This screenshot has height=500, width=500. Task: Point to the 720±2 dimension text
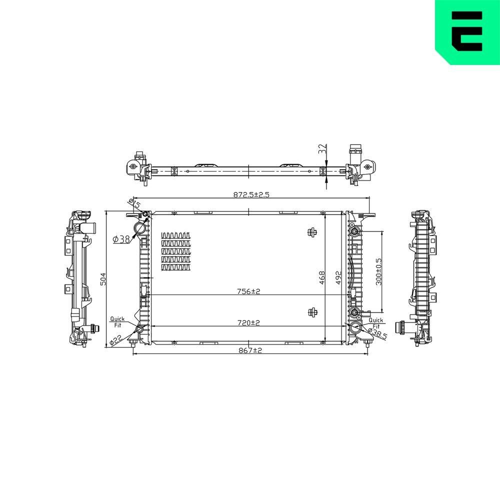pos(248,323)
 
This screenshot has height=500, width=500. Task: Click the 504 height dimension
pos(103,278)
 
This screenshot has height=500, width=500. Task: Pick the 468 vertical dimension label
pos(322,278)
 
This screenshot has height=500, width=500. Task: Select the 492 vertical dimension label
pos(338,278)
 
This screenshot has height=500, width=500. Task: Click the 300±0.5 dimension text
pos(378,271)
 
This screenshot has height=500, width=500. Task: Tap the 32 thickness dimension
pos(322,148)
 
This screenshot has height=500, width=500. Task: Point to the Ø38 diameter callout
pos(121,239)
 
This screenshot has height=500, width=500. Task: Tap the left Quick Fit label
pos(117,321)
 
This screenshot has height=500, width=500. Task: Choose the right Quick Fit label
pos(375,322)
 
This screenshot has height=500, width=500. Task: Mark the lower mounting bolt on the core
pos(312,312)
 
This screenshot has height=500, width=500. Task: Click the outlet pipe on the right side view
pos(401,327)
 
